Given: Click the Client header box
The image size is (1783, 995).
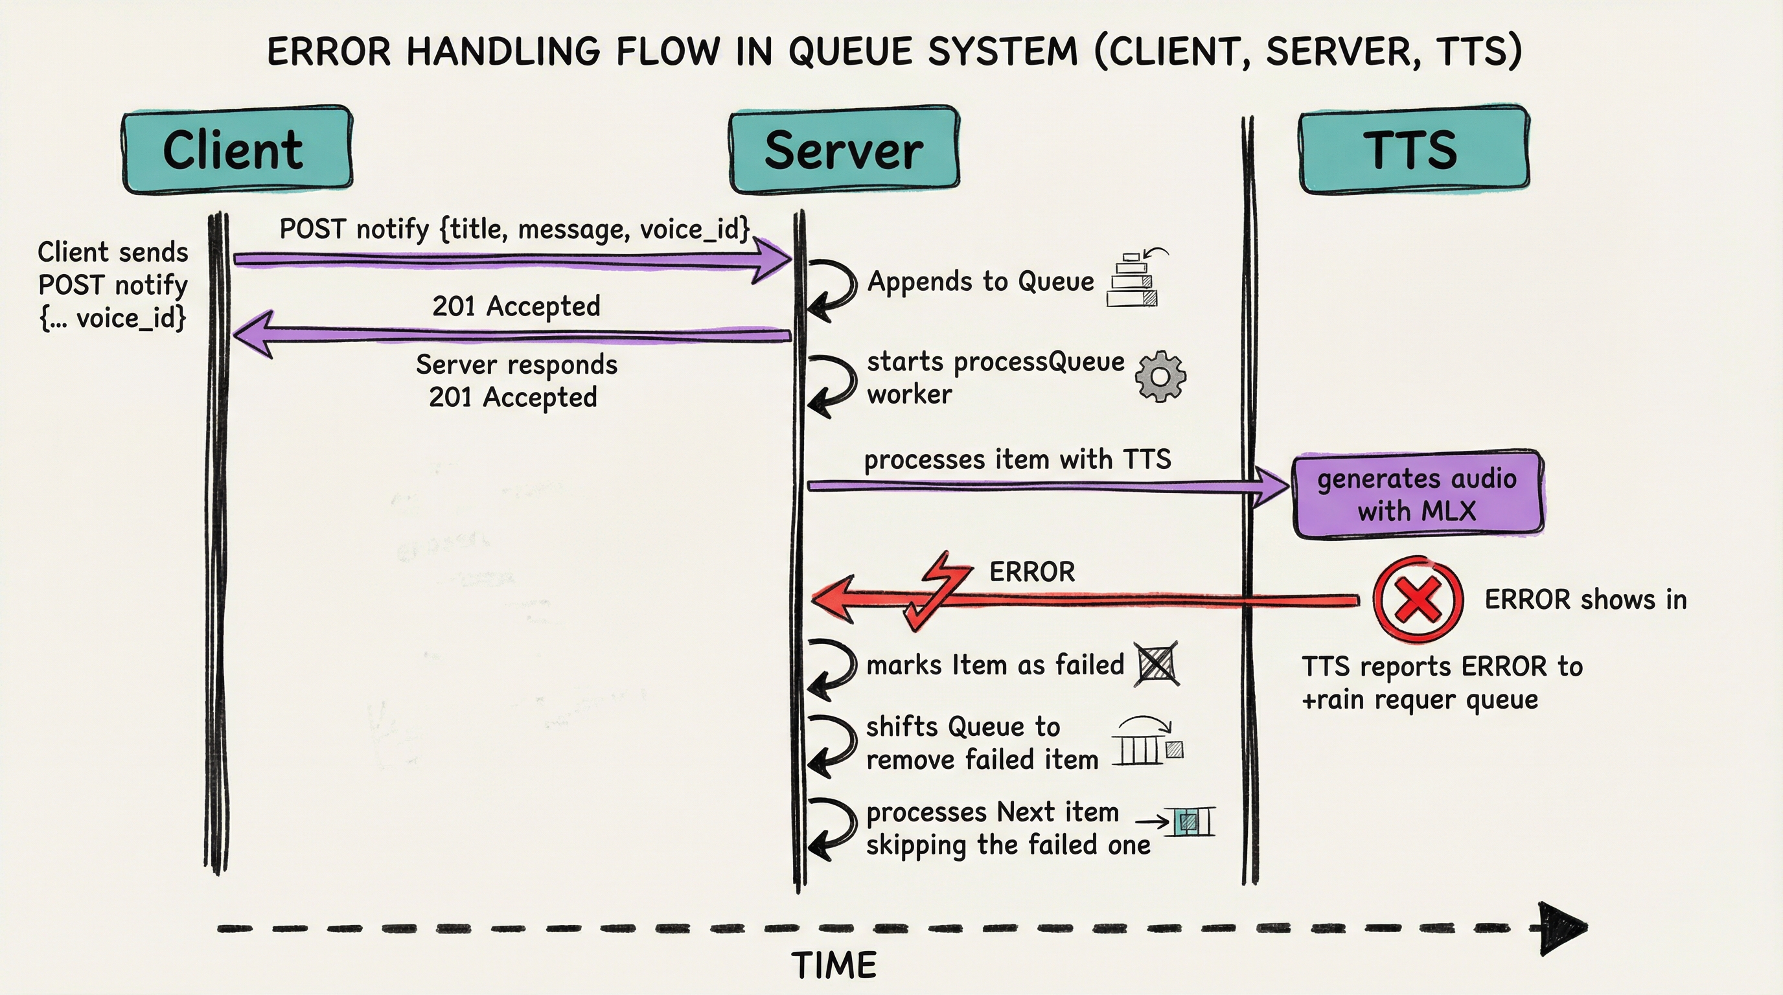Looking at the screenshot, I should pyautogui.click(x=236, y=150).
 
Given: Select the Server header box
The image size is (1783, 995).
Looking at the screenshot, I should pyautogui.click(x=844, y=150).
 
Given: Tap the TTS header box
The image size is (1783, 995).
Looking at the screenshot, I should pyautogui.click(x=1414, y=150).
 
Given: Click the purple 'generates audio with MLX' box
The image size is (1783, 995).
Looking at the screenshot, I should pyautogui.click(x=1417, y=494).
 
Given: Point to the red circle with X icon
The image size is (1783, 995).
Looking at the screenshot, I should pyautogui.click(x=1418, y=600).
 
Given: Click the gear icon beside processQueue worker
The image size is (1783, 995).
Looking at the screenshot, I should pyautogui.click(x=1161, y=376).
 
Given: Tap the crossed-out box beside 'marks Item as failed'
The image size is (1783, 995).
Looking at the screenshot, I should pyautogui.click(x=1156, y=665).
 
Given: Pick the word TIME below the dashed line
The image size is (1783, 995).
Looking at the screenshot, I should pyautogui.click(x=834, y=965).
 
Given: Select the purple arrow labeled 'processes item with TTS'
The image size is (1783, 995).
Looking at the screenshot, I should pyautogui.click(x=1038, y=486).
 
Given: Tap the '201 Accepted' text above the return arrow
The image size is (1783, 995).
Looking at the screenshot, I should pyautogui.click(x=516, y=306).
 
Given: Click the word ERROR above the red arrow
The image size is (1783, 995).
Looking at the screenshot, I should pyautogui.click(x=1032, y=572).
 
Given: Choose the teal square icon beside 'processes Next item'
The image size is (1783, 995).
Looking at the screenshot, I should pyautogui.click(x=1188, y=822).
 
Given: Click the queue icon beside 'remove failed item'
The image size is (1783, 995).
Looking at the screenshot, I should pyautogui.click(x=1146, y=743).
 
